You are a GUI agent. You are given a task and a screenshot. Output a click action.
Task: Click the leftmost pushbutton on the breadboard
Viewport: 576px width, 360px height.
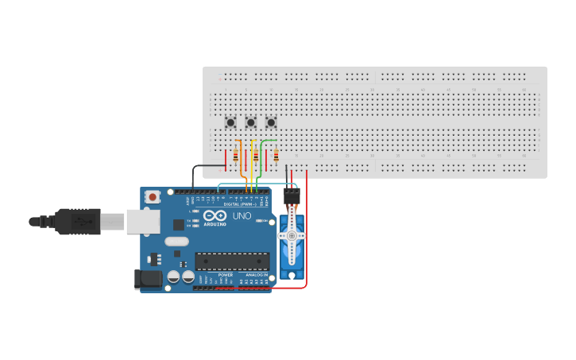230,122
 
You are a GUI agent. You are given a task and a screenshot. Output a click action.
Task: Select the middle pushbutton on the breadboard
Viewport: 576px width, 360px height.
250,122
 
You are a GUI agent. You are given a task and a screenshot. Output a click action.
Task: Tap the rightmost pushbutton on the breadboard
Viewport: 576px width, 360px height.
271,122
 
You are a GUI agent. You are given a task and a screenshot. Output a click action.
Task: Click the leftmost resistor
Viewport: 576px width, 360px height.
235,157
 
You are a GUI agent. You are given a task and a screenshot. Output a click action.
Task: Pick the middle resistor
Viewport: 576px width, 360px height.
255,157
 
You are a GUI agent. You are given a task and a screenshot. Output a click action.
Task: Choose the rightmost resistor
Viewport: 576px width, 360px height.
276,157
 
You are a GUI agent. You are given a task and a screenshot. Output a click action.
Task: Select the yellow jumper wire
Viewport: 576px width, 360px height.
252,167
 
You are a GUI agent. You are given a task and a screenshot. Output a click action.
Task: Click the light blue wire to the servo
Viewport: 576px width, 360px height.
254,184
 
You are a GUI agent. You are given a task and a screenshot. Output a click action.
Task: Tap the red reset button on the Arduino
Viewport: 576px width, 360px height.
152,196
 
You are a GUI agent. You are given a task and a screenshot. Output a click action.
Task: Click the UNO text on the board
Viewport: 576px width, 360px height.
242,215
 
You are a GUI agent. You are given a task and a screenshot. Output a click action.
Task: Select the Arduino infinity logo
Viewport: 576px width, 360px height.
215,215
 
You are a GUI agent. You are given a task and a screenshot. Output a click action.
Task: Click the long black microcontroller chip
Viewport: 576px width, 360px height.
232,261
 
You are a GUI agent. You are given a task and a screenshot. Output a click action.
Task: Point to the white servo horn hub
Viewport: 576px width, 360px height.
292,235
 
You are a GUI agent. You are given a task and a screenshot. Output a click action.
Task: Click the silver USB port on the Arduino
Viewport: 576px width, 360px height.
143,222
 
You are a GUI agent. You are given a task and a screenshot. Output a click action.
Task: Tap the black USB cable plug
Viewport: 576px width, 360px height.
78,222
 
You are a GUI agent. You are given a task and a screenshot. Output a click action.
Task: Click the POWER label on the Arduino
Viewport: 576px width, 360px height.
226,275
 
